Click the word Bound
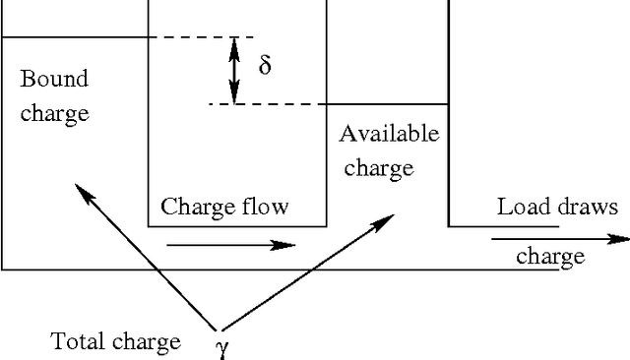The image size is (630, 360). click(x=54, y=79)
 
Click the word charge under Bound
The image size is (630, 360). click(x=54, y=113)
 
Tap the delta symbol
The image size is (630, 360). click(x=265, y=66)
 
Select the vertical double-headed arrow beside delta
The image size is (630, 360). click(x=234, y=69)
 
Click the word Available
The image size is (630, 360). click(x=389, y=134)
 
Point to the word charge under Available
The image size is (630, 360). click(x=378, y=168)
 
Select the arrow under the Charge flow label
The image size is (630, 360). click(x=230, y=244)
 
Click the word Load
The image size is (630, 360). click(x=523, y=207)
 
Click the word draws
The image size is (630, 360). click(x=588, y=207)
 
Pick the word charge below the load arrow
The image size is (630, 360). click(x=550, y=258)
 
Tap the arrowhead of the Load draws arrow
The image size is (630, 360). click(x=620, y=238)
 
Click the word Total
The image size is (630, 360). click(x=78, y=341)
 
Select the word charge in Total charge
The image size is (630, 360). click(x=148, y=342)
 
